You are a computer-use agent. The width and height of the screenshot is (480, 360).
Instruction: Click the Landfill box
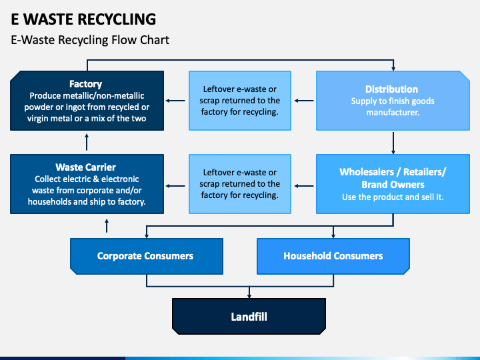click(249, 316)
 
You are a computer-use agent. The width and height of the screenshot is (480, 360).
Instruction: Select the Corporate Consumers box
click(147, 256)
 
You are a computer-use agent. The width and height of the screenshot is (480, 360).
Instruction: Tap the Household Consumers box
click(333, 256)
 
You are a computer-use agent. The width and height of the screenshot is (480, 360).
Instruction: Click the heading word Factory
click(85, 84)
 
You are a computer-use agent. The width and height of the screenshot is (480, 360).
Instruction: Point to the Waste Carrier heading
click(86, 167)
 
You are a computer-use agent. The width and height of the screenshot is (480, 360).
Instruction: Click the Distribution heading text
click(391, 89)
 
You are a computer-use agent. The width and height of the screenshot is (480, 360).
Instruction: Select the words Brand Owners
click(393, 185)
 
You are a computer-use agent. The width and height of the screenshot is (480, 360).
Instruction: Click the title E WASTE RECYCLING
click(83, 19)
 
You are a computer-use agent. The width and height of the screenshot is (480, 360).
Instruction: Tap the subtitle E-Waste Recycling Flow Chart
click(90, 40)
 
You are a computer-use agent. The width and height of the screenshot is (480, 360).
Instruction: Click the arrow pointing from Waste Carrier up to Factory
click(87, 142)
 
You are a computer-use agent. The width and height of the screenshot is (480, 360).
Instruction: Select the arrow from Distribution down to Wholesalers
click(393, 143)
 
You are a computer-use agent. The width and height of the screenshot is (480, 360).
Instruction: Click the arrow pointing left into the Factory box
click(175, 101)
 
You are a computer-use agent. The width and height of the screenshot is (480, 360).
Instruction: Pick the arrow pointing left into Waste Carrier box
click(175, 186)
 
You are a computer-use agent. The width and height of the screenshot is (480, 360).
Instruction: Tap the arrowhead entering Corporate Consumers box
click(147, 236)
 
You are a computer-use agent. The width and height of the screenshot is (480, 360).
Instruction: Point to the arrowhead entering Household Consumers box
click(333, 236)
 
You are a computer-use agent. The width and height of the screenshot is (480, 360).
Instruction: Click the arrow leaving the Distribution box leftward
click(304, 101)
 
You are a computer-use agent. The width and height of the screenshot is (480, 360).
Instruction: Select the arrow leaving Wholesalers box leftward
click(304, 186)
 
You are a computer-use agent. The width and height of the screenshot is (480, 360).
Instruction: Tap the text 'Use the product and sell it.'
click(393, 197)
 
